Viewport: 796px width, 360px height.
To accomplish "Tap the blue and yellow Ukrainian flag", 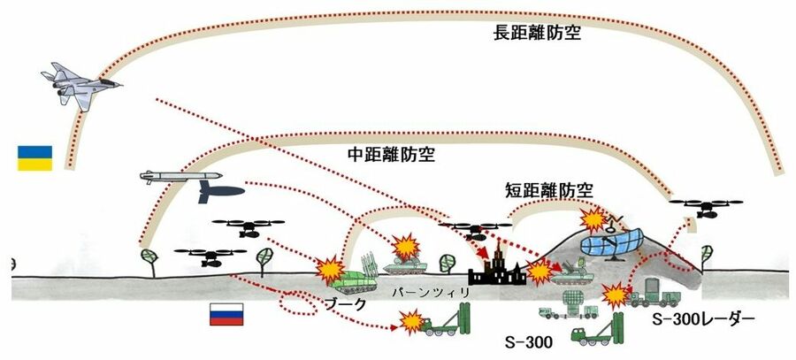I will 35,157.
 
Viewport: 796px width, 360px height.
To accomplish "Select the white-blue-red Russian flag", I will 225,313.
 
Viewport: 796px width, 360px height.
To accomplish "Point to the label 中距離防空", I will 384,154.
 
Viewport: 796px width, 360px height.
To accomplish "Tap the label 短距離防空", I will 549,191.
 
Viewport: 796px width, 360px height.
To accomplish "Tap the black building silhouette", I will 498,268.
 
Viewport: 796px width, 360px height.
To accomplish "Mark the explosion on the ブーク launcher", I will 329,267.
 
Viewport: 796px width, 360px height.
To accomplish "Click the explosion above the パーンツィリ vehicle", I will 406,246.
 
